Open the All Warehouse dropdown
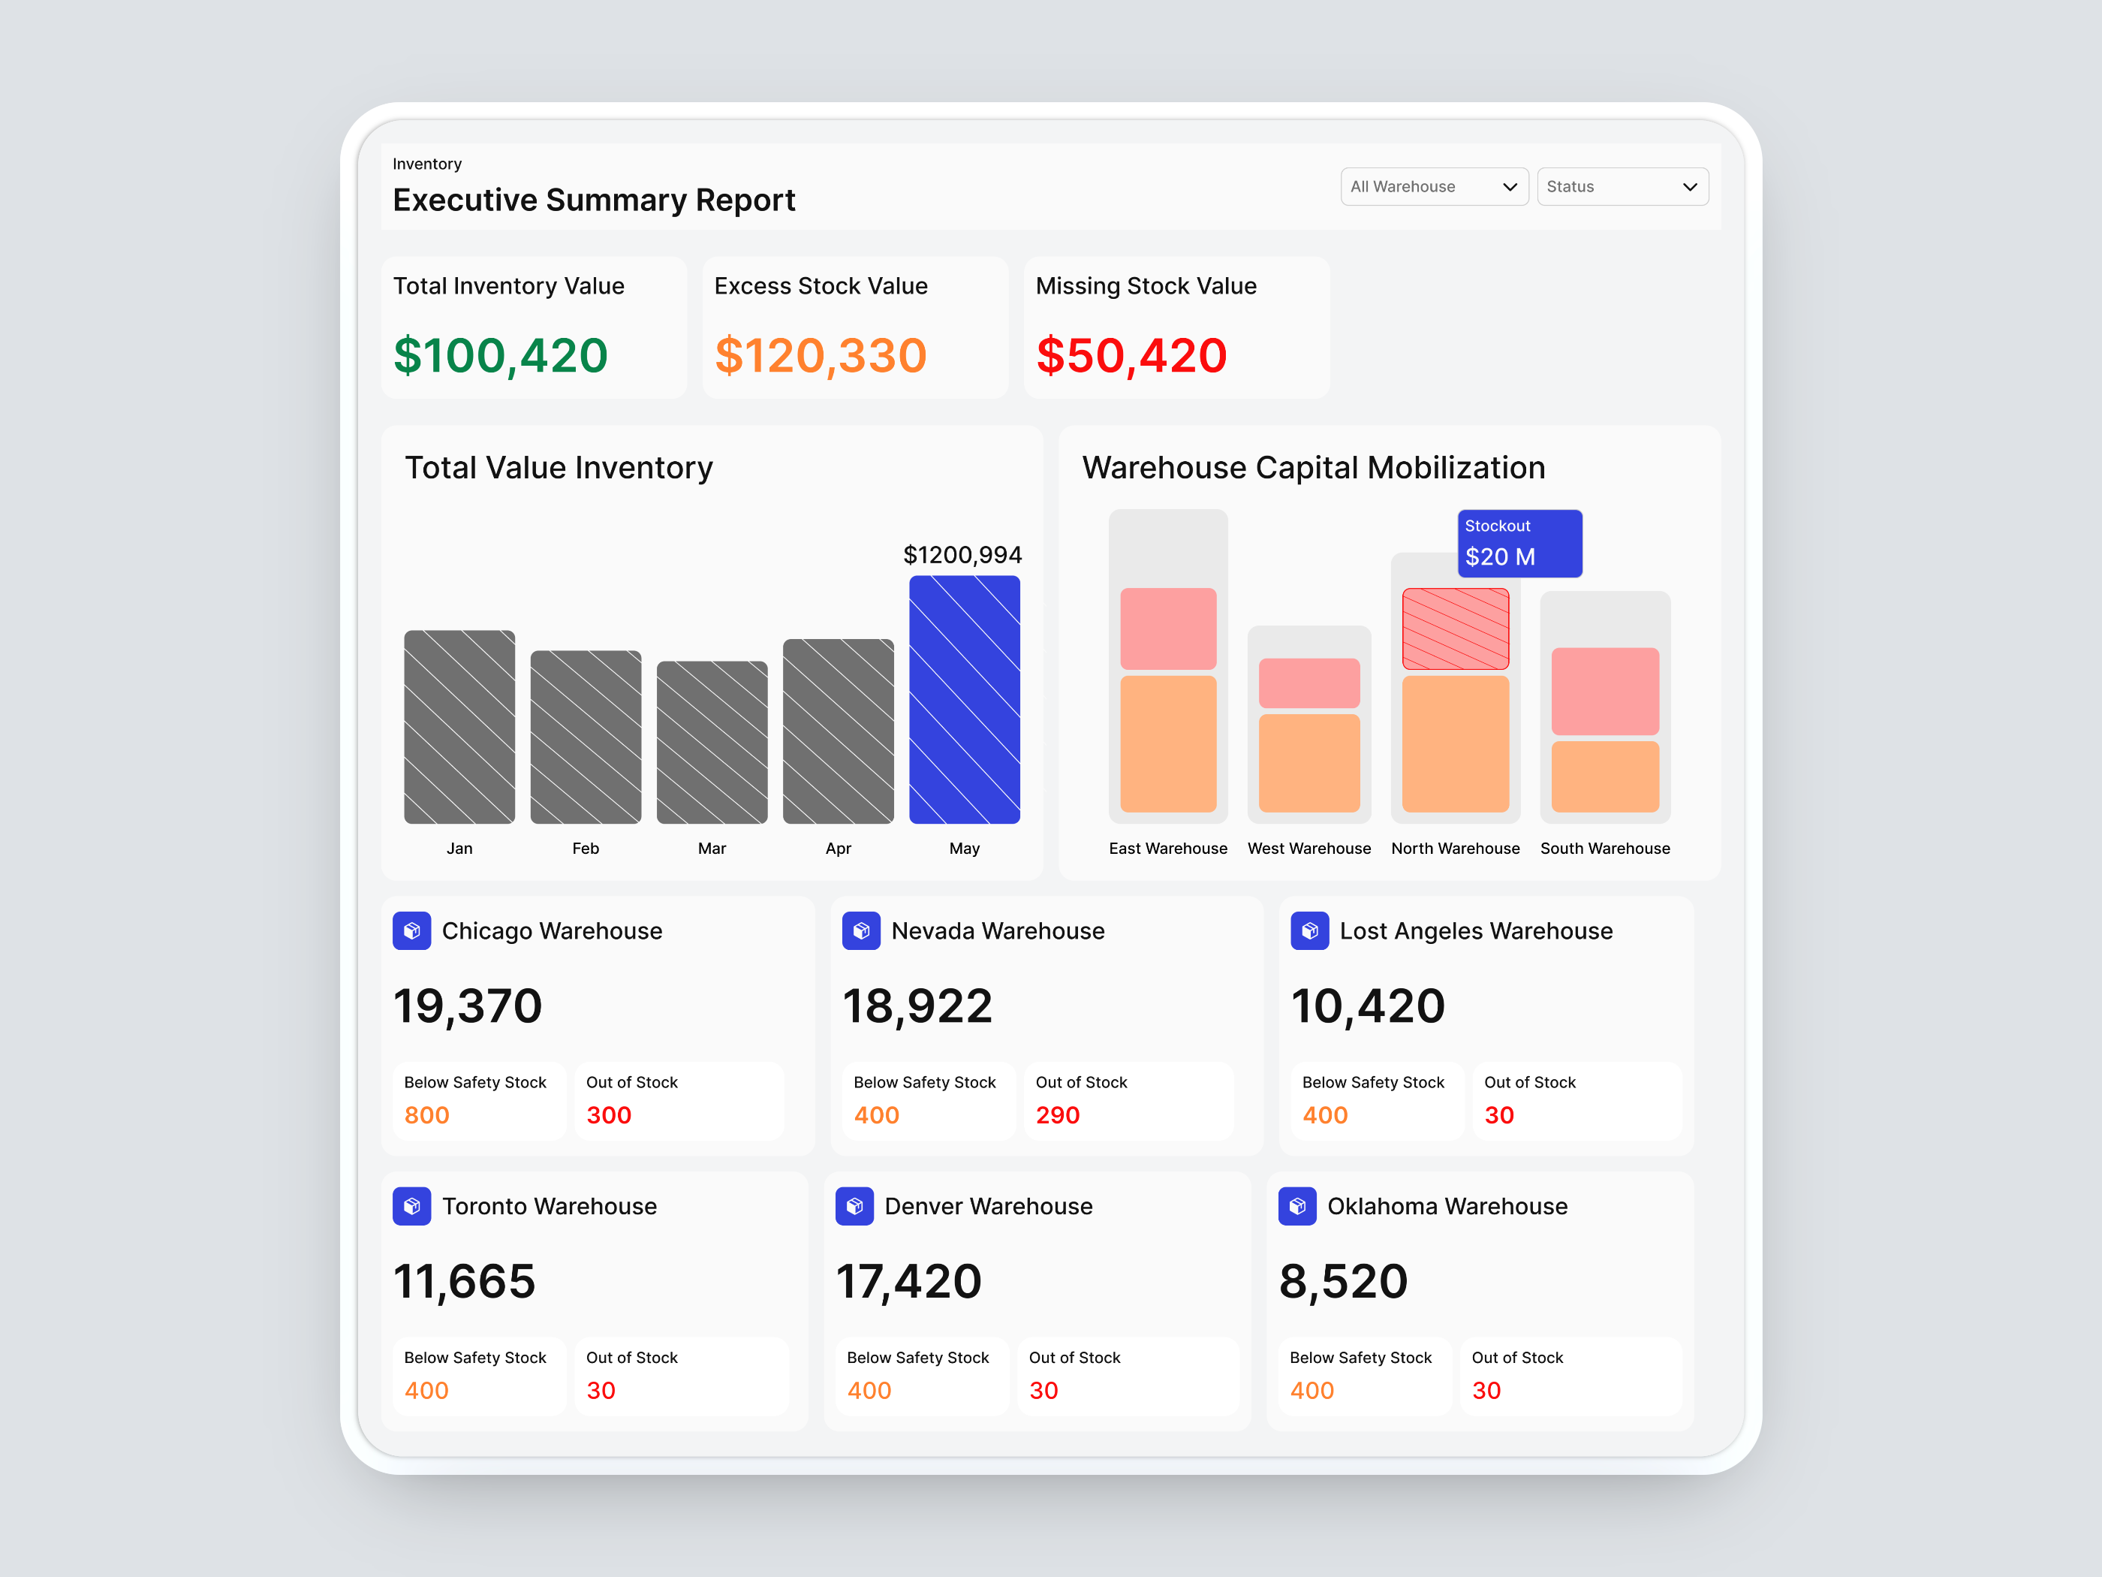pos(1433,186)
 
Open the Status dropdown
pos(1621,186)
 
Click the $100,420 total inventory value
pos(500,355)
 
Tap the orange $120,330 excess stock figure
pos(820,355)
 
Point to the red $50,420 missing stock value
pos(1131,355)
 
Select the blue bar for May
pos(964,700)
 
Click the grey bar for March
pos(712,743)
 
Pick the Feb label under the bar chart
pos(586,848)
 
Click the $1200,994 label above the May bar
pos(962,555)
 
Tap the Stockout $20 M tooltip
pos(1519,544)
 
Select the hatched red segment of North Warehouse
pos(1455,629)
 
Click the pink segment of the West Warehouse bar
pos(1308,683)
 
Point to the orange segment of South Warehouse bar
pos(1604,776)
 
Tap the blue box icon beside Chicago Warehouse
pos(411,930)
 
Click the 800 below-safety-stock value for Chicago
pos(426,1115)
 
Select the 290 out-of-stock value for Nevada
pos(1057,1115)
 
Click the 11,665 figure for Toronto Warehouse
pos(465,1281)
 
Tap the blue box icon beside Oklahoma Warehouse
pos(1296,1206)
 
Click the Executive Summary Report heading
pos(594,200)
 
